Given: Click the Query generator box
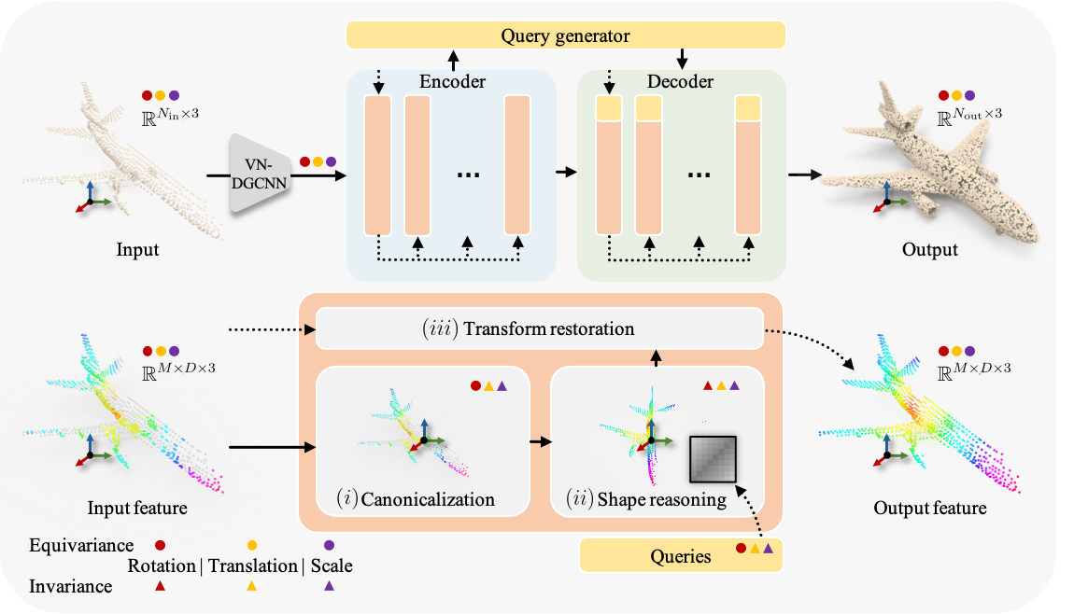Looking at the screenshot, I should click(565, 36).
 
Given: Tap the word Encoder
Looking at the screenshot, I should click(452, 82).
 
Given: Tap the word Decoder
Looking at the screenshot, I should click(680, 82).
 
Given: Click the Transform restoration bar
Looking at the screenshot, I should click(541, 329).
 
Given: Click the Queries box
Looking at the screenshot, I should click(681, 556).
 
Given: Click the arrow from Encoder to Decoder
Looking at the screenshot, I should click(566, 174).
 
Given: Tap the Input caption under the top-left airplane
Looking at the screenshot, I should click(137, 250).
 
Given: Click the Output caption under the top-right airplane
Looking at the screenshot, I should click(930, 250).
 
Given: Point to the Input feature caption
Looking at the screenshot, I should click(137, 509).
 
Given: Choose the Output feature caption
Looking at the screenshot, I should click(930, 509).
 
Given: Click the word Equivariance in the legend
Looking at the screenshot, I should click(81, 545).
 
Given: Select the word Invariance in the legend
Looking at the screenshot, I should click(71, 587).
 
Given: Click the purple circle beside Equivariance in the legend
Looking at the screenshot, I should click(329, 545).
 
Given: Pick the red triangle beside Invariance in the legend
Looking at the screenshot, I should click(160, 587).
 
